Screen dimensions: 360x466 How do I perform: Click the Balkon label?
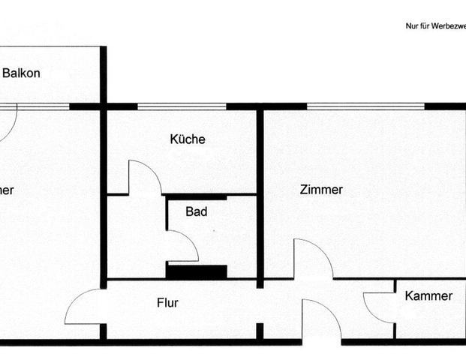(x=21, y=73)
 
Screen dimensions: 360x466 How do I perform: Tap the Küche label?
(x=187, y=139)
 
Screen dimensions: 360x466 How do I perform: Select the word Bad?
(x=197, y=212)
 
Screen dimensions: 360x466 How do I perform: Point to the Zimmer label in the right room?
(x=321, y=190)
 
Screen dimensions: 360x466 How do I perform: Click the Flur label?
(x=167, y=304)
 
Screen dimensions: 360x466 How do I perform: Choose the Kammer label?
(x=428, y=296)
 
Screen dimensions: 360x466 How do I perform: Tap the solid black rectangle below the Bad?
(x=197, y=271)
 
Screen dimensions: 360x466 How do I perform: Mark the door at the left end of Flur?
(x=83, y=307)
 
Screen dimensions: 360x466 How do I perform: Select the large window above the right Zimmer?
(x=365, y=106)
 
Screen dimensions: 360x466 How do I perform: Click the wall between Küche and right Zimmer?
(x=260, y=195)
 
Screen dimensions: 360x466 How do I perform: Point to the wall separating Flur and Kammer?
(x=395, y=307)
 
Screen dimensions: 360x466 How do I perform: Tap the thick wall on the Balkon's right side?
(x=103, y=75)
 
